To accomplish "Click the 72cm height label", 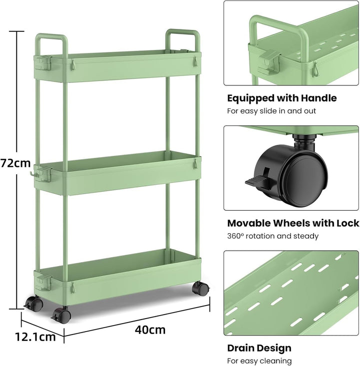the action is pyautogui.click(x=15, y=163).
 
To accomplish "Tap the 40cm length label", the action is pyautogui.click(x=150, y=330).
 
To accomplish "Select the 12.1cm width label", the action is pyautogui.click(x=35, y=337).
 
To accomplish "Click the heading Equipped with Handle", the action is pyautogui.click(x=282, y=98).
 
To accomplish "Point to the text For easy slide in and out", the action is pyautogui.click(x=271, y=111).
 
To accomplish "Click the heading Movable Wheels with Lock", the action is pyautogui.click(x=293, y=223).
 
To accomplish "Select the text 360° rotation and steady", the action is pyautogui.click(x=273, y=236).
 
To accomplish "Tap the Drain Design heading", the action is pyautogui.click(x=259, y=348).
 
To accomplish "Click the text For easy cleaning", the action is pyautogui.click(x=259, y=361).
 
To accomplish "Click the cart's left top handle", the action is pyautogui.click(x=51, y=45).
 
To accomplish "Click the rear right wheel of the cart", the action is pyautogui.click(x=200, y=289).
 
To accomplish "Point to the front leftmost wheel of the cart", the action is pyautogui.click(x=34, y=304).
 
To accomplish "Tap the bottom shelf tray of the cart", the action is pyautogui.click(x=117, y=278).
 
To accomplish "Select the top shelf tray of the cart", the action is pyautogui.click(x=117, y=66).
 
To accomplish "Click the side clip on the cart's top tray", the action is pyautogui.click(x=43, y=63).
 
